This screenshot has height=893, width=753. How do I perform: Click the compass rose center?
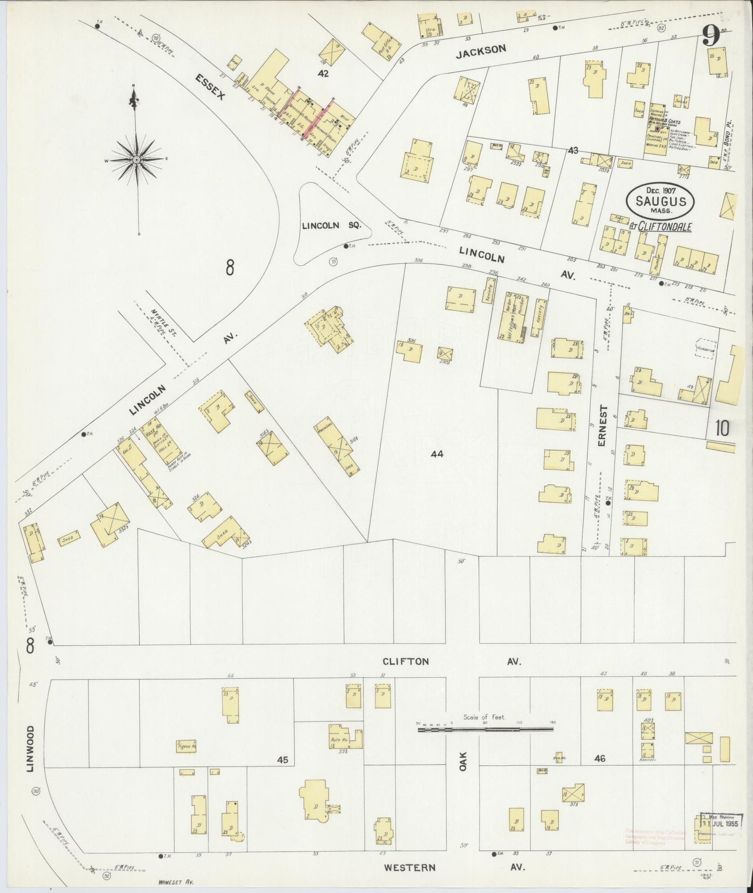136,159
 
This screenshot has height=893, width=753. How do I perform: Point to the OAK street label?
463,760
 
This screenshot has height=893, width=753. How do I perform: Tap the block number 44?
437,454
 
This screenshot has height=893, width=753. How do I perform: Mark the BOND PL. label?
730,133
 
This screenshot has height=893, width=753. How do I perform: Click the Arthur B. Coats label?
664,119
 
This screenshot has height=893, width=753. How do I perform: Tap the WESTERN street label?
409,867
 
